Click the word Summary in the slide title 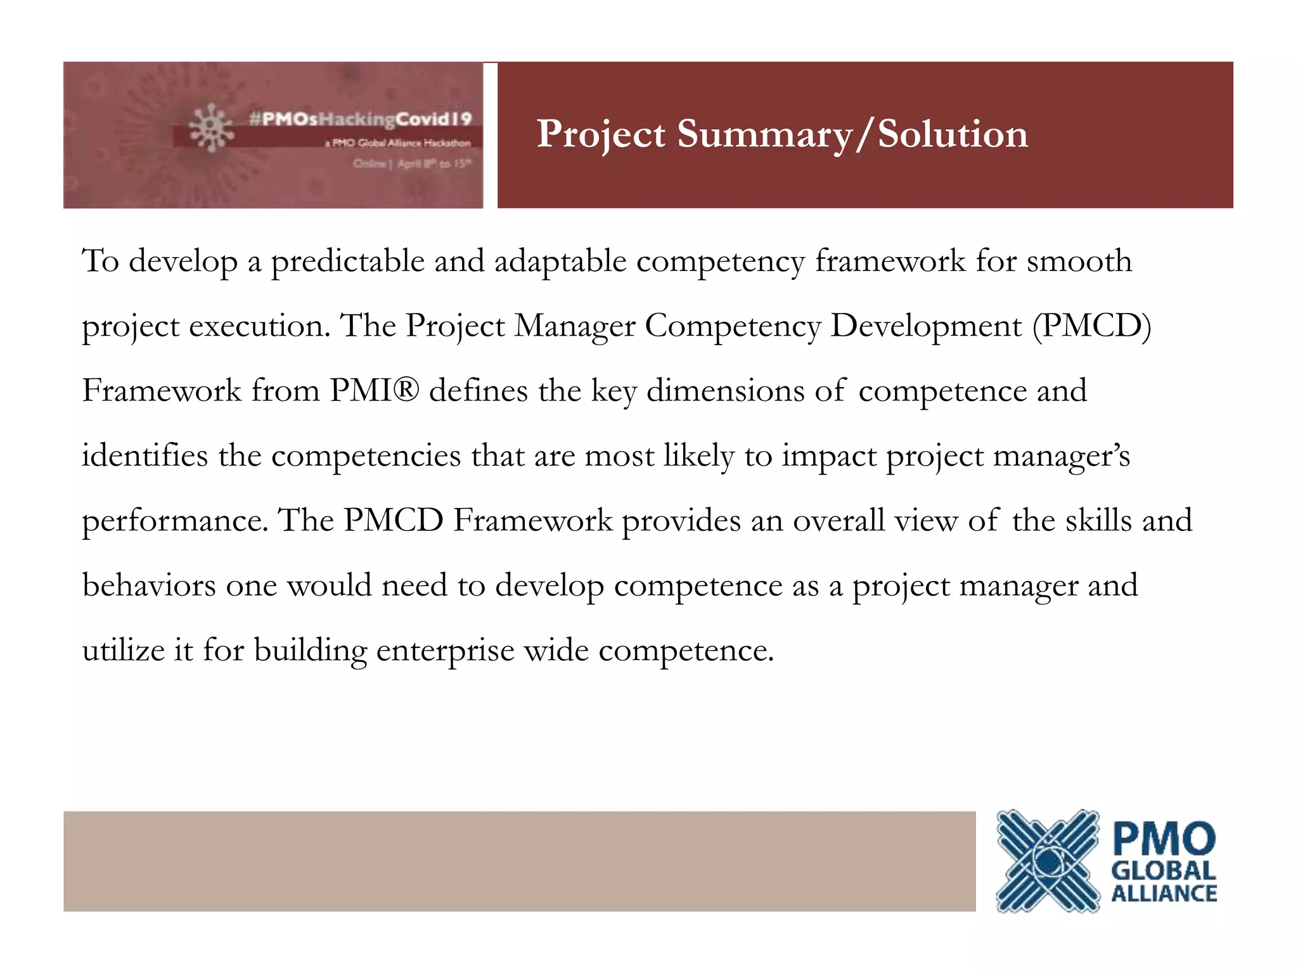click(x=764, y=134)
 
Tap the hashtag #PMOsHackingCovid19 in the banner click(x=360, y=119)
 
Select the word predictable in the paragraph click(x=348, y=261)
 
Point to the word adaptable click(x=560, y=261)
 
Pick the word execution click(x=260, y=326)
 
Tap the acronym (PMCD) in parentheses click(x=1091, y=326)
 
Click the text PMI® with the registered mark click(x=374, y=391)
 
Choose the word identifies click(x=145, y=455)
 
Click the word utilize click(x=123, y=651)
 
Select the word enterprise click(x=445, y=651)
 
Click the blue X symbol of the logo click(x=1047, y=860)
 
